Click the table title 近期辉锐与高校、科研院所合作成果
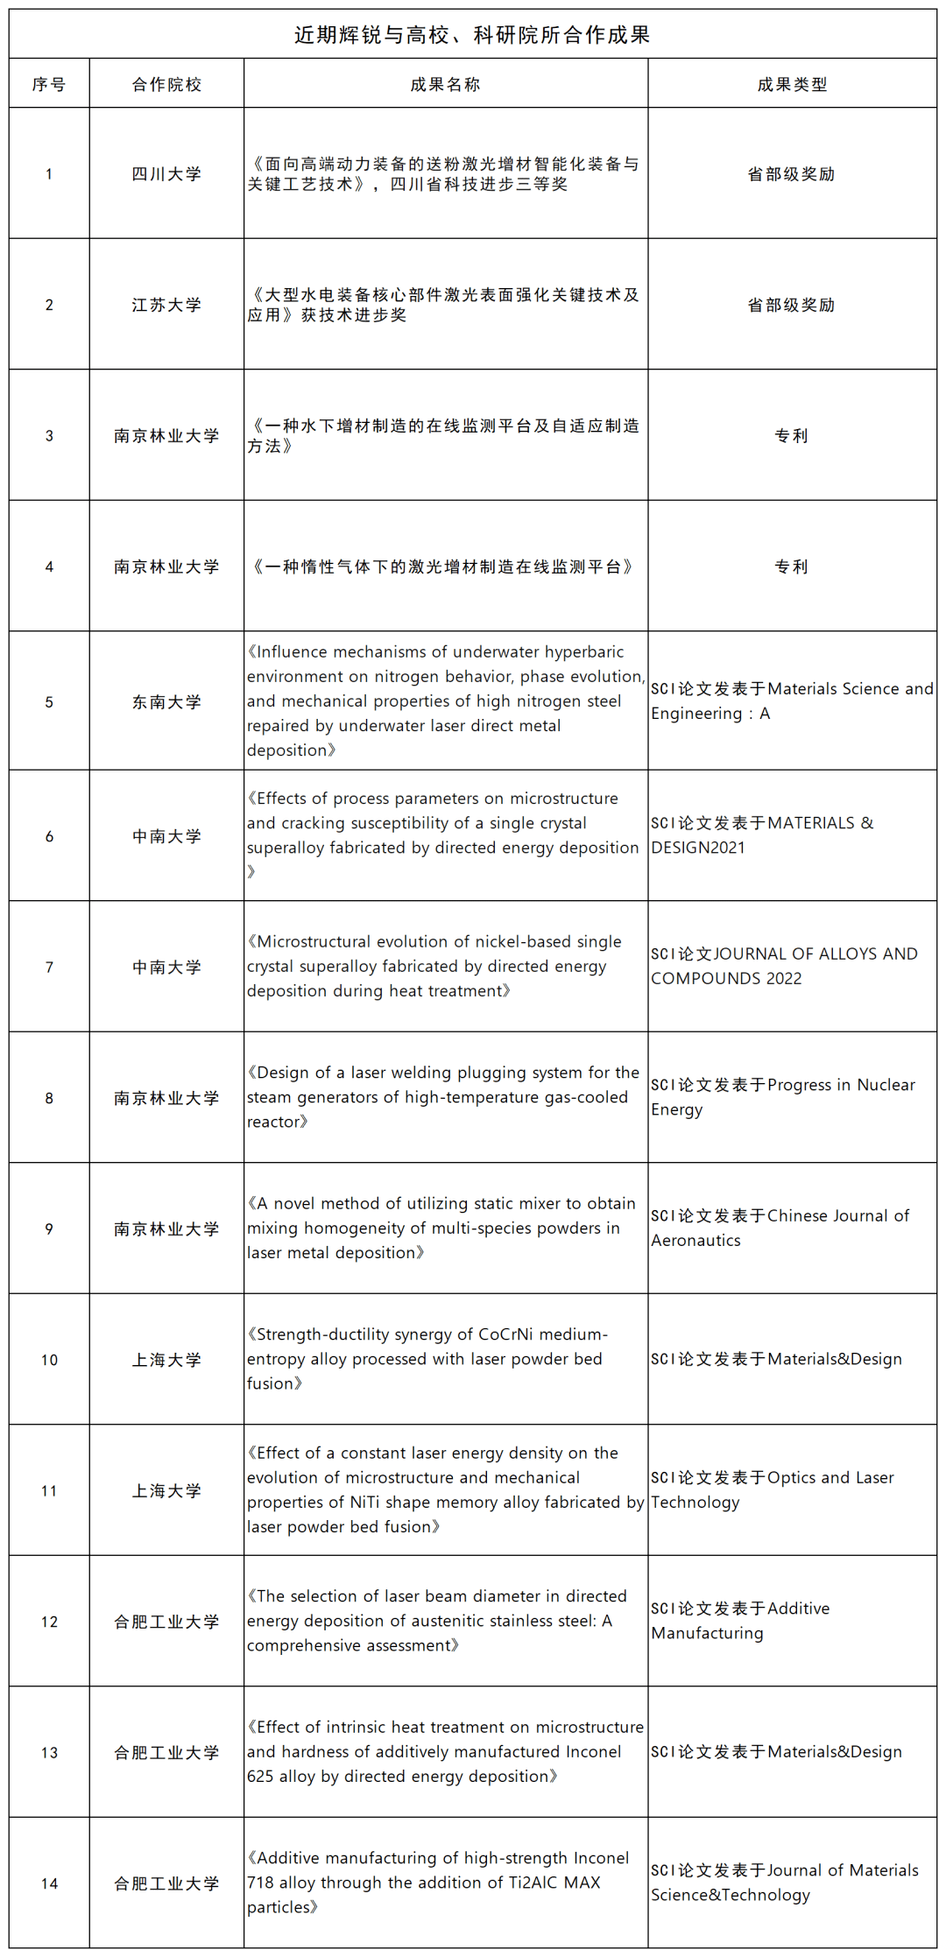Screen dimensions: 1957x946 click(472, 35)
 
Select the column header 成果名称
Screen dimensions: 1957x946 click(445, 85)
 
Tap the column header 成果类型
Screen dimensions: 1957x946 click(792, 85)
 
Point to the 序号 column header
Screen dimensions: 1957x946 click(49, 85)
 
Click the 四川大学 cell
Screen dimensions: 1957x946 click(166, 174)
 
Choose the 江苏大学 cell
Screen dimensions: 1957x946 click(166, 305)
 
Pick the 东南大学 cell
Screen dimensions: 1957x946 click(166, 702)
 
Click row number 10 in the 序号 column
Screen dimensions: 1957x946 click(49, 1360)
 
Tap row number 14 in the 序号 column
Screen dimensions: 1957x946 click(49, 1883)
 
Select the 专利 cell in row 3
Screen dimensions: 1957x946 click(791, 436)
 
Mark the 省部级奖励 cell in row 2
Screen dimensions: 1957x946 click(791, 305)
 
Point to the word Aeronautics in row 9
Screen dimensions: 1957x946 click(695, 1241)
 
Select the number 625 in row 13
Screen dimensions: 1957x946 click(261, 1777)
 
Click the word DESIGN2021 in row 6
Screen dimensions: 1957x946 click(697, 848)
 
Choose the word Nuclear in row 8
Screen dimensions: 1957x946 click(886, 1085)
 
